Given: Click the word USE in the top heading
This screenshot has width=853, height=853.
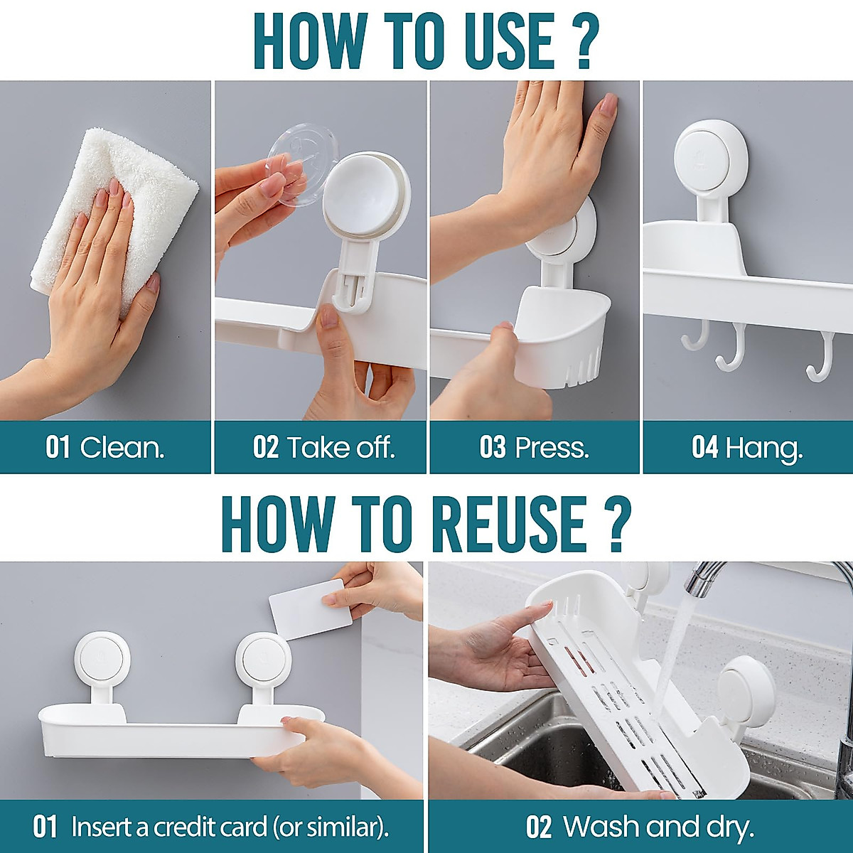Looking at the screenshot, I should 509,41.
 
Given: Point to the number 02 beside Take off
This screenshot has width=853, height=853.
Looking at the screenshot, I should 266,448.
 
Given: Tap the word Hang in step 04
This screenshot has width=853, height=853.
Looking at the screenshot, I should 763,449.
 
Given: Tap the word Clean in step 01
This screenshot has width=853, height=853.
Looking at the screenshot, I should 122,448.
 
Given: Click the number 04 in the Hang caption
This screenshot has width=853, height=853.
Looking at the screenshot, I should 704,448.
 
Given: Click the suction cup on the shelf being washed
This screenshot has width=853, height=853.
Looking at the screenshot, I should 745,690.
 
